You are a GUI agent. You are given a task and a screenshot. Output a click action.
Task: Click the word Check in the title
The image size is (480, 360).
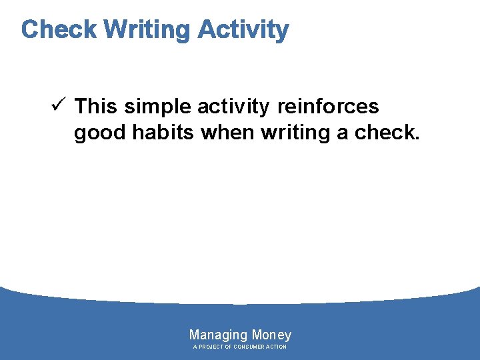point(59,29)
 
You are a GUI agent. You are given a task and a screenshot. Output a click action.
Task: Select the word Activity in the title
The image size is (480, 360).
point(243,29)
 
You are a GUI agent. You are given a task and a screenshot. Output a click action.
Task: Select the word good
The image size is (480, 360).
point(101,133)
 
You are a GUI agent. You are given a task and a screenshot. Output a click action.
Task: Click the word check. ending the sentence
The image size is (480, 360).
point(387,133)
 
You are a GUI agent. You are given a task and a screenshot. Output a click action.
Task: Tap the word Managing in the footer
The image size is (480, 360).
point(218,335)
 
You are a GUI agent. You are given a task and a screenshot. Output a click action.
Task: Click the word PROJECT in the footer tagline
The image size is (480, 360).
point(212,347)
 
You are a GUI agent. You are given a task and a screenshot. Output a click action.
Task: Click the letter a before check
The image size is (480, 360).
point(343,133)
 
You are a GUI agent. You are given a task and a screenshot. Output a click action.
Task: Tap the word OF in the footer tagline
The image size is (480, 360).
point(229,347)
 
